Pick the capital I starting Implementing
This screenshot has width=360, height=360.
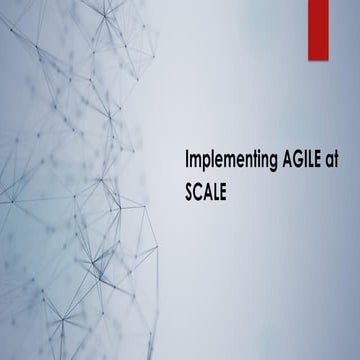(x=186, y=161)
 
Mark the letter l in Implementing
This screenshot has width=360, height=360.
(x=210, y=160)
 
